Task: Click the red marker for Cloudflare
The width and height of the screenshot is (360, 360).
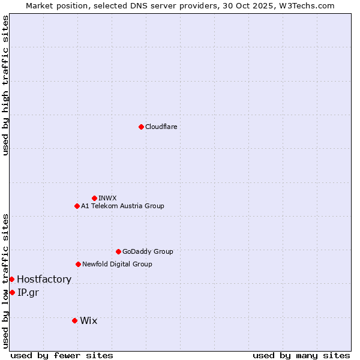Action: [x=141, y=127]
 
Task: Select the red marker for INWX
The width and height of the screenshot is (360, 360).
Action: [x=94, y=198]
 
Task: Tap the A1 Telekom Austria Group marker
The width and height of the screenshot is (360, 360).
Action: [x=77, y=206]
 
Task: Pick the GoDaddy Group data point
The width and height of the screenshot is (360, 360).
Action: [x=118, y=251]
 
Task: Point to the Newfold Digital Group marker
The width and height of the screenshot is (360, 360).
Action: [x=78, y=264]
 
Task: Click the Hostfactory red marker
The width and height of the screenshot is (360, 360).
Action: [x=11, y=279]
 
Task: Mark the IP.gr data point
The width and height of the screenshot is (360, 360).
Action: [x=12, y=292]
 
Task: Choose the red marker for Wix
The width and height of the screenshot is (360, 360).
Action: [x=74, y=320]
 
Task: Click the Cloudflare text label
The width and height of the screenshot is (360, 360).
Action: [x=161, y=127]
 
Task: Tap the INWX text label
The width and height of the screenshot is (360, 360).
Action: [x=107, y=198]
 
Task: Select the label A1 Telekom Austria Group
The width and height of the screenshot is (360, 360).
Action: [x=122, y=206]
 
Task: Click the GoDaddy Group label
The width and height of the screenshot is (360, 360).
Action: [x=148, y=251]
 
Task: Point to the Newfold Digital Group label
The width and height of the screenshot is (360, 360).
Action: [x=117, y=264]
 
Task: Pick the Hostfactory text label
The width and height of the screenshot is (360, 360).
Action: [x=44, y=279]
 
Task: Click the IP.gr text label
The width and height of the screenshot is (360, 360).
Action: [x=28, y=292]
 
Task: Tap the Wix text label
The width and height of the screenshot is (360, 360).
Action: [x=88, y=320]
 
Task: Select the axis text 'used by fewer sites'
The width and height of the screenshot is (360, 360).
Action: [x=62, y=355]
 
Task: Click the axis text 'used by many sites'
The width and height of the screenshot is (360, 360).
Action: [x=301, y=355]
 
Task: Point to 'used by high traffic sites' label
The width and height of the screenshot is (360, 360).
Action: [x=5, y=85]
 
